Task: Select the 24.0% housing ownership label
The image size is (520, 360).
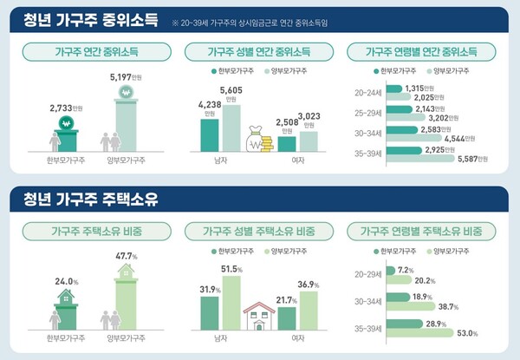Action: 67,282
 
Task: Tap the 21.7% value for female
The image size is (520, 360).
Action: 286,299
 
